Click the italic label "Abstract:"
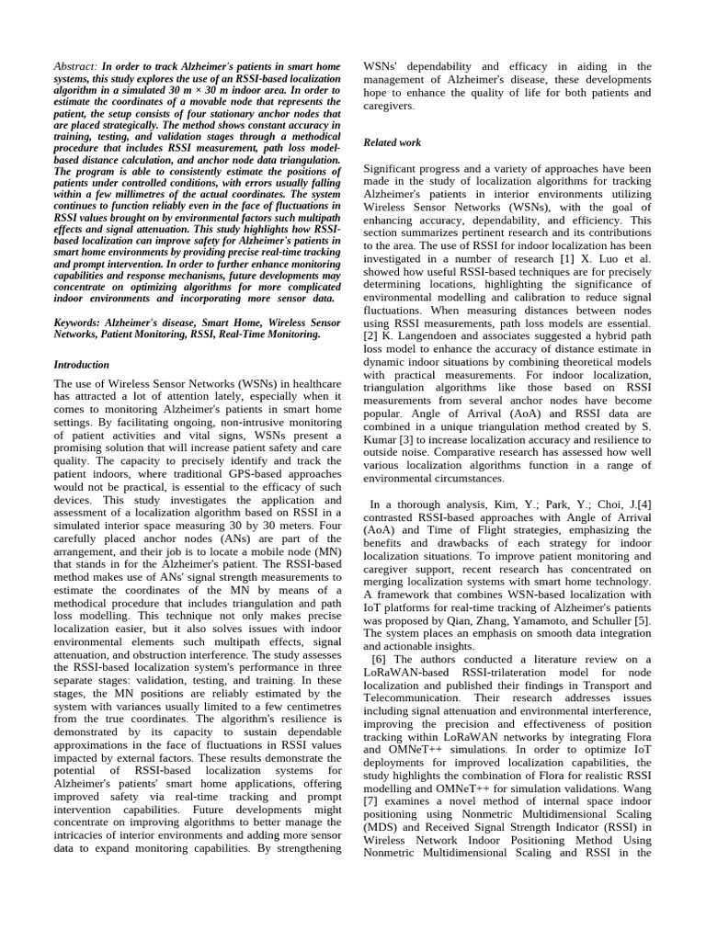pyautogui.click(x=75, y=67)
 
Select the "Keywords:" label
pyautogui.click(x=80, y=323)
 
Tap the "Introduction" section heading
pyautogui.click(x=83, y=365)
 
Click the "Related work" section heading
pyautogui.click(x=393, y=142)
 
